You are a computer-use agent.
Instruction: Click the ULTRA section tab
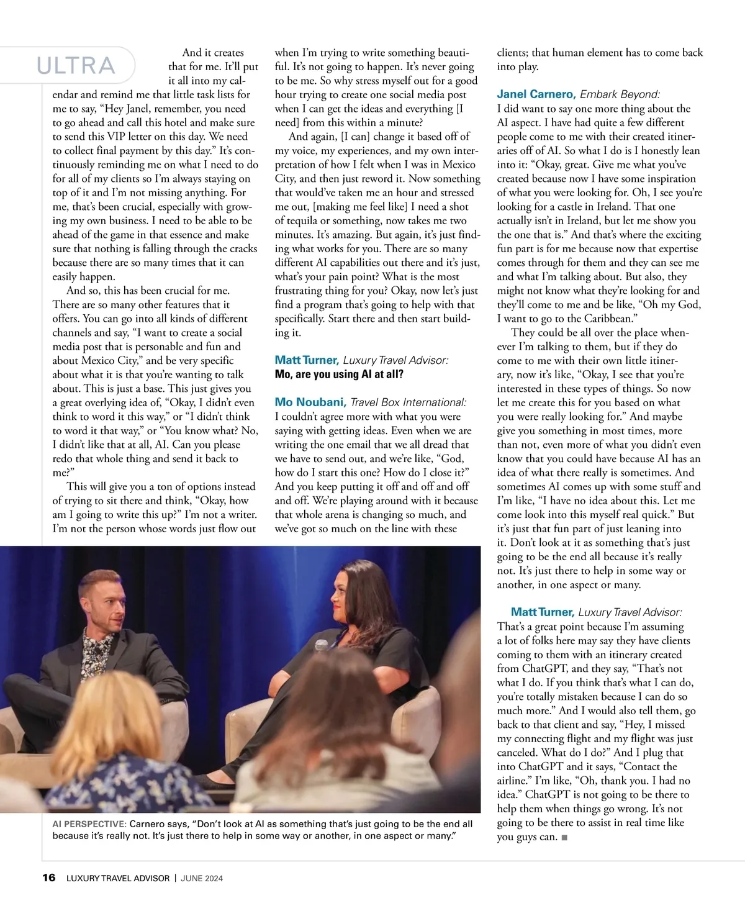click(76, 65)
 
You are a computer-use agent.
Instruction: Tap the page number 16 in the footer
click(48, 878)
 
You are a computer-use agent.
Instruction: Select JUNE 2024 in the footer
click(202, 878)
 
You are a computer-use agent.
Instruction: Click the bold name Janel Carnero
click(536, 94)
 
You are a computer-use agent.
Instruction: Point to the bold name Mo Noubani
click(310, 402)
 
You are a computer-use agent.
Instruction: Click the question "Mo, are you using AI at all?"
click(339, 374)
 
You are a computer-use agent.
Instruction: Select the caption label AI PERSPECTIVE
click(89, 824)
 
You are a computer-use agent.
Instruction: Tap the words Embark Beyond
click(620, 94)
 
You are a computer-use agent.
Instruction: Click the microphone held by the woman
click(321, 645)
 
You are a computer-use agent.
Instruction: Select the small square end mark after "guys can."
click(564, 838)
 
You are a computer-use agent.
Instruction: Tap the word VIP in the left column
click(119, 137)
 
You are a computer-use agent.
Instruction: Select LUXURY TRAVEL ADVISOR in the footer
click(118, 878)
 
